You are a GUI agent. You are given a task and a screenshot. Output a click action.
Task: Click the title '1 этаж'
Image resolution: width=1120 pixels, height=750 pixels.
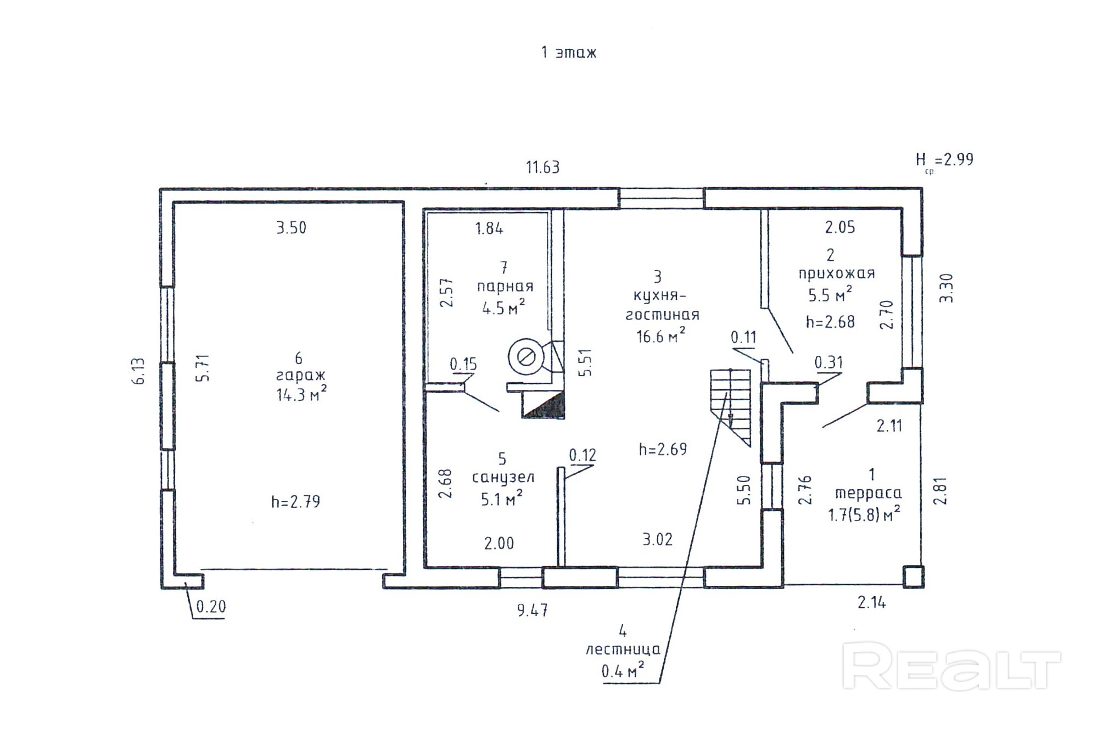tap(568, 53)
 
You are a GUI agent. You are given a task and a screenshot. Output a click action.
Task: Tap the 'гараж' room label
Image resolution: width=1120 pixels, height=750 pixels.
tap(300, 376)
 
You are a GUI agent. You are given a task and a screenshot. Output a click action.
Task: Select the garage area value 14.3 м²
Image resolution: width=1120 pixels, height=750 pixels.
tap(301, 394)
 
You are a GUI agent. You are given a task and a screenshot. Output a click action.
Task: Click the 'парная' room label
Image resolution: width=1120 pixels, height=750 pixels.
tap(505, 287)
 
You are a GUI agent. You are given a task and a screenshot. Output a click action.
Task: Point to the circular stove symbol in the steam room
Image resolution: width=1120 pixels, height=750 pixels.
tap(526, 357)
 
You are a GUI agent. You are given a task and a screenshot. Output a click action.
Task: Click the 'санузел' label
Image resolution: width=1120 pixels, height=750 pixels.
tap(503, 478)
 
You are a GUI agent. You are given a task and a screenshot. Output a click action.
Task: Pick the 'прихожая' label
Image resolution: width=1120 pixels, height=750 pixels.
tap(837, 273)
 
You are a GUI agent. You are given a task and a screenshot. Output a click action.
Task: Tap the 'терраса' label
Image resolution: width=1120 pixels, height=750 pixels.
tap(868, 494)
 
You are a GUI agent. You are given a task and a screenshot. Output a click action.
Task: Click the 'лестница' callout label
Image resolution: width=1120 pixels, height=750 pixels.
tap(623, 650)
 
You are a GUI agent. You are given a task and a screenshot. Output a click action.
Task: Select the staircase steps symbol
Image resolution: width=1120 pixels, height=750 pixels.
tap(731, 407)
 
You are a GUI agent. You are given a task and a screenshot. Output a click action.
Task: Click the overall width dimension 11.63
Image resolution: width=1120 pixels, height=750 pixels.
tap(543, 167)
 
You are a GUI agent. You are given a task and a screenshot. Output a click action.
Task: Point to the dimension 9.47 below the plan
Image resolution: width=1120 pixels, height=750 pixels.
tap(532, 610)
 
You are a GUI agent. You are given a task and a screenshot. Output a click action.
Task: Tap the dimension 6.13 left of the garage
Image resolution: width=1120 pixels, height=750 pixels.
tap(138, 371)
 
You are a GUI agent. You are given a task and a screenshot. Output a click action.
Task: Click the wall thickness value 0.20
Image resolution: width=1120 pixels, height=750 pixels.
tap(211, 607)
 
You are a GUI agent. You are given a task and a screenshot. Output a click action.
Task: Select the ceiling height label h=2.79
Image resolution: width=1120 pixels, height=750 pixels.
tap(295, 502)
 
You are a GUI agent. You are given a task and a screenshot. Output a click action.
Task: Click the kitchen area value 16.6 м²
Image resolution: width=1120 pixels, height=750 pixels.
tap(660, 335)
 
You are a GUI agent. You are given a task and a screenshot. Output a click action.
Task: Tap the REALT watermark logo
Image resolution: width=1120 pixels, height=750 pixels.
tap(951, 665)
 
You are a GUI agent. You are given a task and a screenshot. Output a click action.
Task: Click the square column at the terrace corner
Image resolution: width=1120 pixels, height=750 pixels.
tap(914, 577)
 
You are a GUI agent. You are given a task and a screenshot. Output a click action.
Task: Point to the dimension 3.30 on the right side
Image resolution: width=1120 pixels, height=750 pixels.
tap(946, 288)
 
